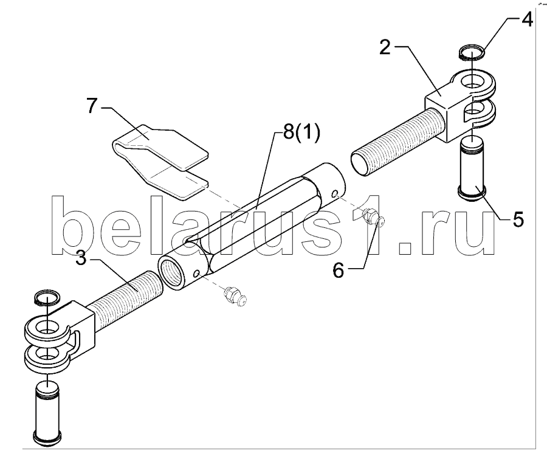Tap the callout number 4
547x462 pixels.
coord(526,19)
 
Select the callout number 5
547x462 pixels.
coord(517,218)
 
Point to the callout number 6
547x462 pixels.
coord(338,270)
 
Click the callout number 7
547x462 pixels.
coord(92,106)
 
